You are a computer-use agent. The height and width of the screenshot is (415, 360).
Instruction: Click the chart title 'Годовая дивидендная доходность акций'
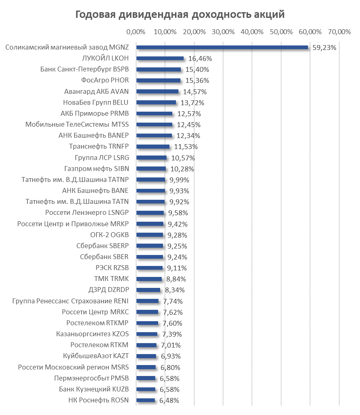[180, 15]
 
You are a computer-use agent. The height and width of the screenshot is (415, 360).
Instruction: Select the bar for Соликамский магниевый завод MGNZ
[222, 47]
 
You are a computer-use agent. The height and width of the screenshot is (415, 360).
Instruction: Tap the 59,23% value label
[324, 48]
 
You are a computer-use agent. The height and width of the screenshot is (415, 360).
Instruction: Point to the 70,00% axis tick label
[339, 32]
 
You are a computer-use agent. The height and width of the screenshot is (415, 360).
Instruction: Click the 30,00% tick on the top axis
[223, 32]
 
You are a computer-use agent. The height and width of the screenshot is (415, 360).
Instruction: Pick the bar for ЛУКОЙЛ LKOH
[160, 58]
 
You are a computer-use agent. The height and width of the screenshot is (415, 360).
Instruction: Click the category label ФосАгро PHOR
[105, 80]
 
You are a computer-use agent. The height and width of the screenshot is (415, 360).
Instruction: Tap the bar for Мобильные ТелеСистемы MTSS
[154, 124]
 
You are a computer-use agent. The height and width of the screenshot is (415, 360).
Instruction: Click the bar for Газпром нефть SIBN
[151, 168]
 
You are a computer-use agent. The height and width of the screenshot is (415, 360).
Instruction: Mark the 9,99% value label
[179, 179]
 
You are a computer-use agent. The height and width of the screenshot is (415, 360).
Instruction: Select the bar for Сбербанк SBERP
[150, 245]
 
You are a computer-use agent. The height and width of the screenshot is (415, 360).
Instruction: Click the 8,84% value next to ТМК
[176, 279]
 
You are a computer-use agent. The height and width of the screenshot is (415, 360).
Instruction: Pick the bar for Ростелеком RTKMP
[147, 323]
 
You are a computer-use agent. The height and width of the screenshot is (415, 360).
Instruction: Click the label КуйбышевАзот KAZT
[95, 356]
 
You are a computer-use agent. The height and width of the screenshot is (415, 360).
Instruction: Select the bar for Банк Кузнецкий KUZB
[145, 389]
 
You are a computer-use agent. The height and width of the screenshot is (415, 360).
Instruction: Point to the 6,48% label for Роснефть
[169, 400]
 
